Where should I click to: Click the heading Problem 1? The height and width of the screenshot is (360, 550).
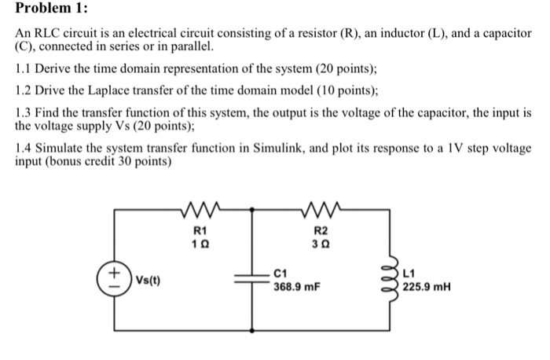point(51,8)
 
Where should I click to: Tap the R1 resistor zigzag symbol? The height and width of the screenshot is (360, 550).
point(200,209)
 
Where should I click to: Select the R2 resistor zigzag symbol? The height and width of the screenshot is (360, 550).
point(321,209)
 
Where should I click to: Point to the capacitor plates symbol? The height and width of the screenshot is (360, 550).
point(251,279)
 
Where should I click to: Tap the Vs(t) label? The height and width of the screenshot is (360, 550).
point(148,280)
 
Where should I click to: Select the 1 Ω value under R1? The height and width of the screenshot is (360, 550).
point(200,244)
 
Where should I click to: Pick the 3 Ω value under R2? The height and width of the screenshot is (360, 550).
point(321,244)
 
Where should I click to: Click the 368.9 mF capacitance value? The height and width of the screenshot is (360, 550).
point(297,287)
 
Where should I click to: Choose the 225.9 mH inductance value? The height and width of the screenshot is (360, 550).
point(426,287)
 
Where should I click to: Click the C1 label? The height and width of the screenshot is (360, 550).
point(280,274)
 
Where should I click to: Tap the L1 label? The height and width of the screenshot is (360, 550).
point(409,274)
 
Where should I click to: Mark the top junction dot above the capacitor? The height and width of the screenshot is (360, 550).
point(251,209)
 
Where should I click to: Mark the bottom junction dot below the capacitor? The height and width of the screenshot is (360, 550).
point(251,331)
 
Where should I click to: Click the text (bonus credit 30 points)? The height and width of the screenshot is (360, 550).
point(108,161)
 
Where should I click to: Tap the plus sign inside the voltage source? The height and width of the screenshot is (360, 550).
point(114,272)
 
